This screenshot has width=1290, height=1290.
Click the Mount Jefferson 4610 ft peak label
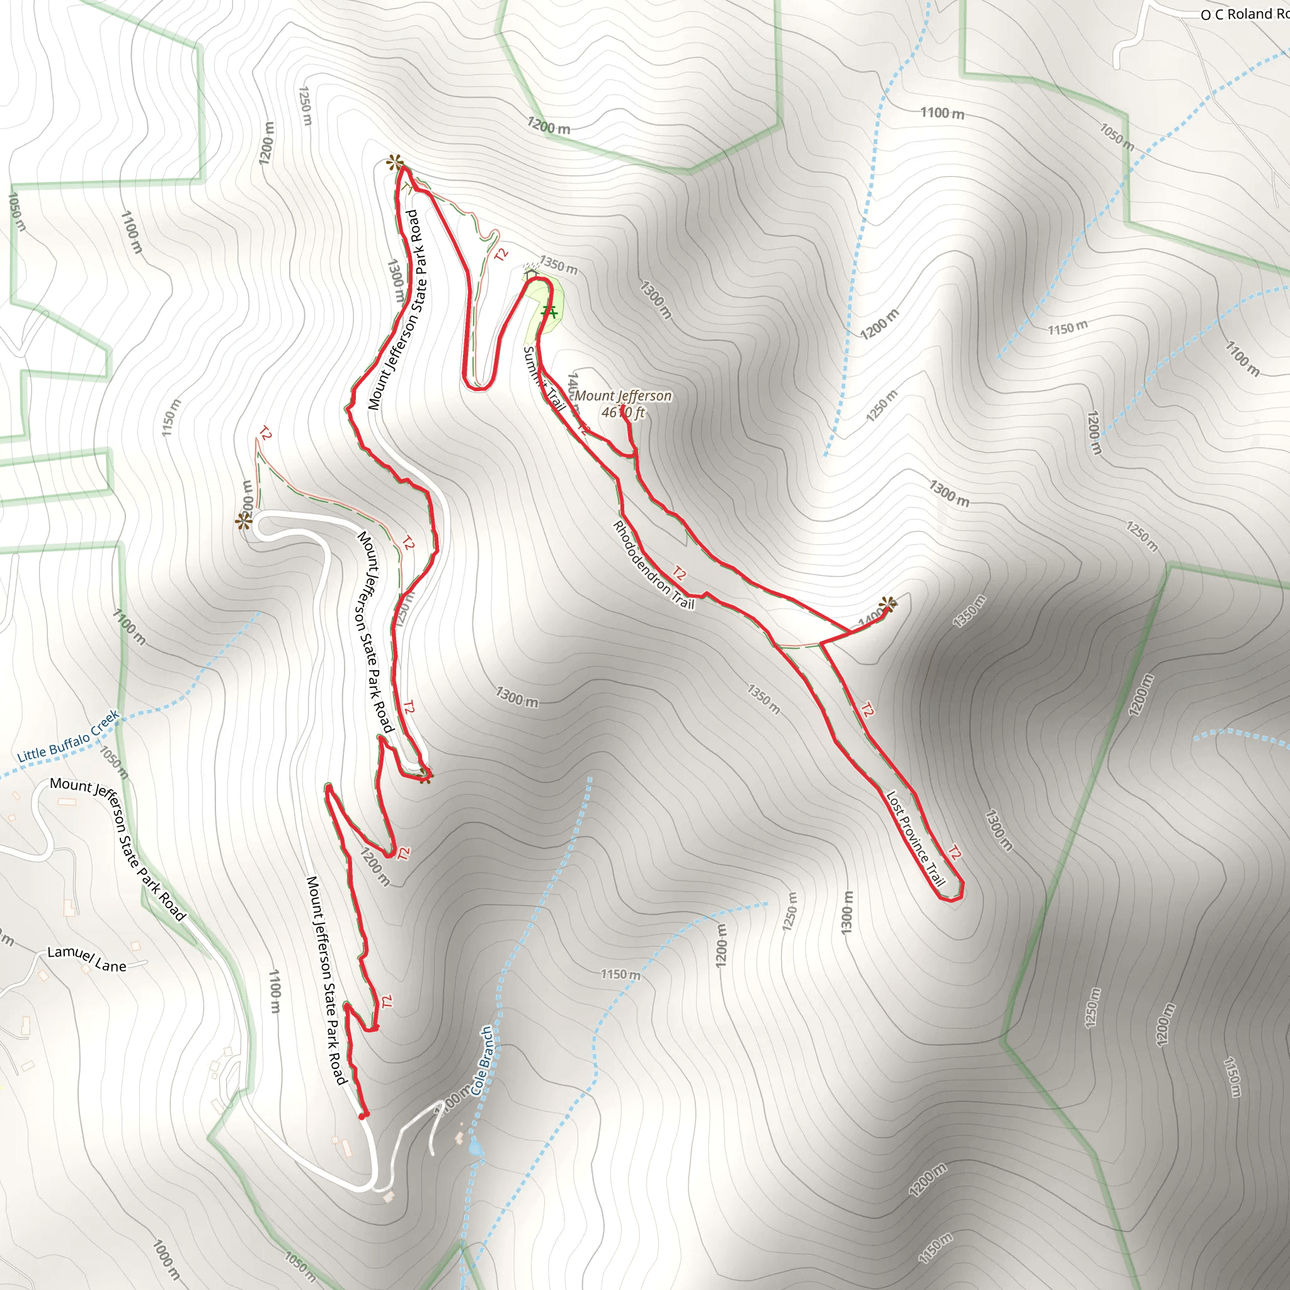click(622, 404)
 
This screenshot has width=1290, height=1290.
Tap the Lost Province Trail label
click(915, 838)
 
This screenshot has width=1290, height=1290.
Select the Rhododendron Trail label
click(653, 565)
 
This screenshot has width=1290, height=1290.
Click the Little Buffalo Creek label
click(67, 736)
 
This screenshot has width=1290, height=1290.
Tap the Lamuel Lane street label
click(87, 959)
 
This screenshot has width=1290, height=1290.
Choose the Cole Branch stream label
click(482, 1061)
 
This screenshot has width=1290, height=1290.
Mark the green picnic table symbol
click(549, 311)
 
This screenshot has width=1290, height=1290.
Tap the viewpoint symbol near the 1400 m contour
click(888, 605)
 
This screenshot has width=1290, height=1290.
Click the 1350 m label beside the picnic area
click(558, 265)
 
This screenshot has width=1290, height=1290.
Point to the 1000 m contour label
click(166, 1259)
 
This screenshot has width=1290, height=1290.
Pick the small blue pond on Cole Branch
click(475, 1147)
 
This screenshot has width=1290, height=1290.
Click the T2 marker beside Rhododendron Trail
click(679, 573)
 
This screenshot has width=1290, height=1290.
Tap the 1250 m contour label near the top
click(304, 105)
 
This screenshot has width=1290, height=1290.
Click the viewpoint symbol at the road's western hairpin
click(244, 522)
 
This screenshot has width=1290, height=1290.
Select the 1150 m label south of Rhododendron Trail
click(620, 974)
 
